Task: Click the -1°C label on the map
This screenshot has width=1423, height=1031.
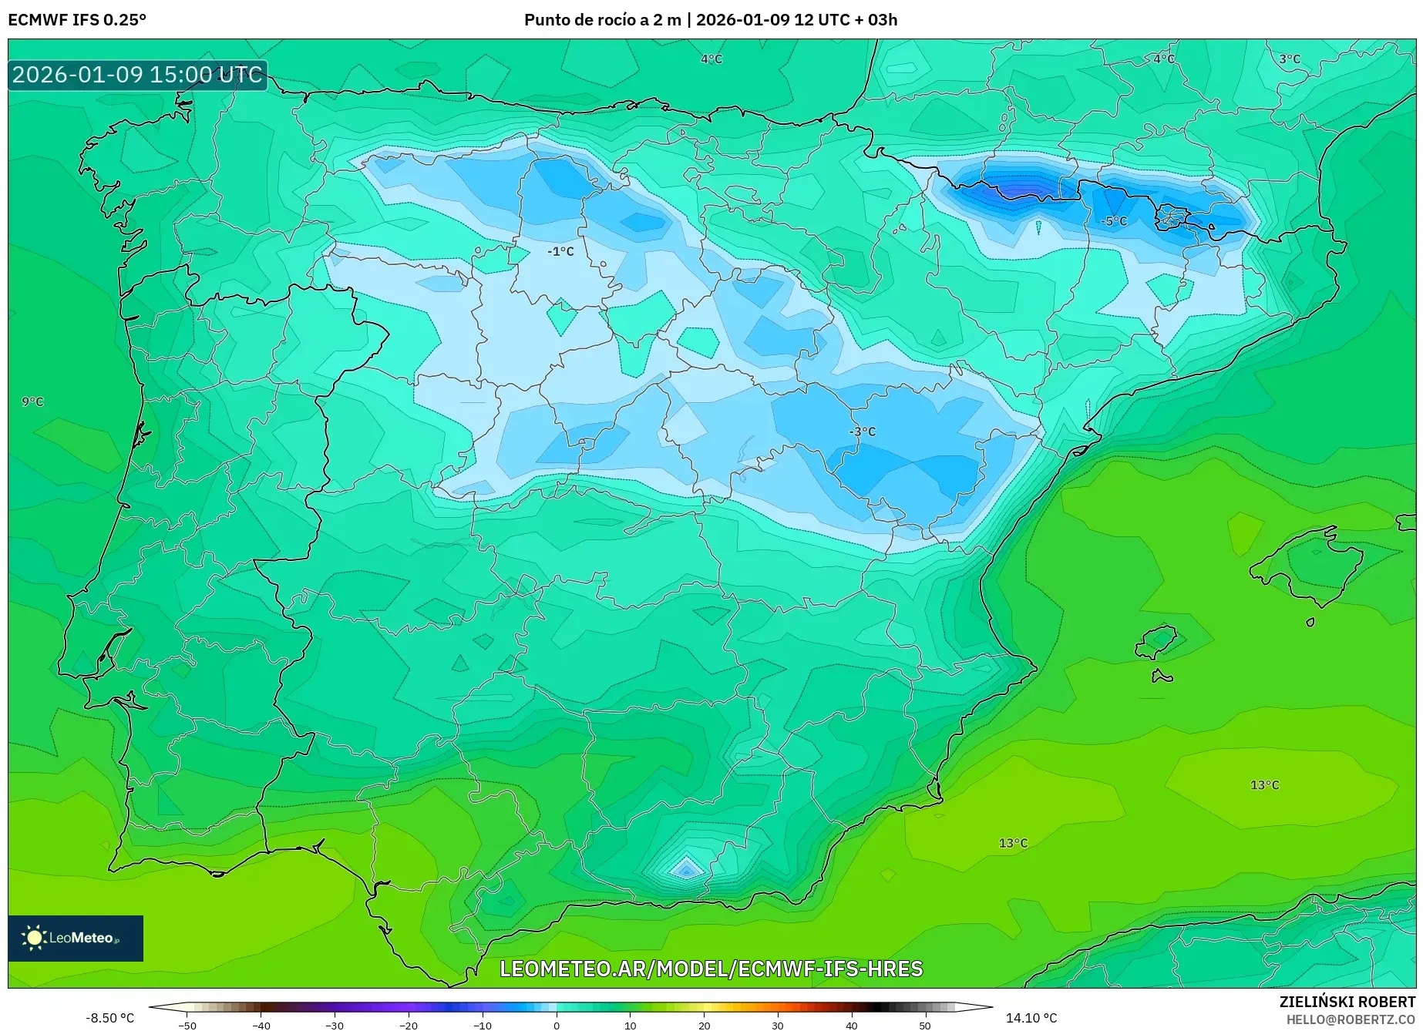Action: tap(560, 251)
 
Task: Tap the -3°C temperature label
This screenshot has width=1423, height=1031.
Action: tap(862, 432)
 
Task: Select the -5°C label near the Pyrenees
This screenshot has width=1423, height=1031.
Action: tap(1113, 221)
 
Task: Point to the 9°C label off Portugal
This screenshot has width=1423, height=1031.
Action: tap(32, 401)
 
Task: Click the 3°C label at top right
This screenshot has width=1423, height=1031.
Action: tap(1289, 59)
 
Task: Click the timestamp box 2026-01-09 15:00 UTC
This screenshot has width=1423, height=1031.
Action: tap(137, 75)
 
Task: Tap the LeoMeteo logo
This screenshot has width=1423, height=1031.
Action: tap(76, 938)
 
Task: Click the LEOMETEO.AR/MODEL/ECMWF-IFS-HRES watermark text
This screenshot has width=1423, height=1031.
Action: tap(711, 969)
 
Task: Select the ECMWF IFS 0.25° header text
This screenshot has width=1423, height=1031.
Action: tap(77, 20)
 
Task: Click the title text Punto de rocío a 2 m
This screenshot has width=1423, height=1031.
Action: tap(603, 20)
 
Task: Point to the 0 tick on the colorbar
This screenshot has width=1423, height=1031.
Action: tap(556, 1026)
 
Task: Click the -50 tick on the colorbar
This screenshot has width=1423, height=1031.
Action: tap(187, 1026)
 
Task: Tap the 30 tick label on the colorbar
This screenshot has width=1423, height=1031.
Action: tap(777, 1026)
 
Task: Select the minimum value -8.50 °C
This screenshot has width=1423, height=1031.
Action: tap(109, 1018)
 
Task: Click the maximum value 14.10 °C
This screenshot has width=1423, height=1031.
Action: tap(1031, 1018)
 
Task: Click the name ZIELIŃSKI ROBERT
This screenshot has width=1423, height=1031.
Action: tap(1347, 1002)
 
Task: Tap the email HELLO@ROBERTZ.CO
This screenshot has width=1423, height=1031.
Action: tap(1350, 1019)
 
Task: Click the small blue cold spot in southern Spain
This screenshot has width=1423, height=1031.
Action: tap(685, 870)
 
